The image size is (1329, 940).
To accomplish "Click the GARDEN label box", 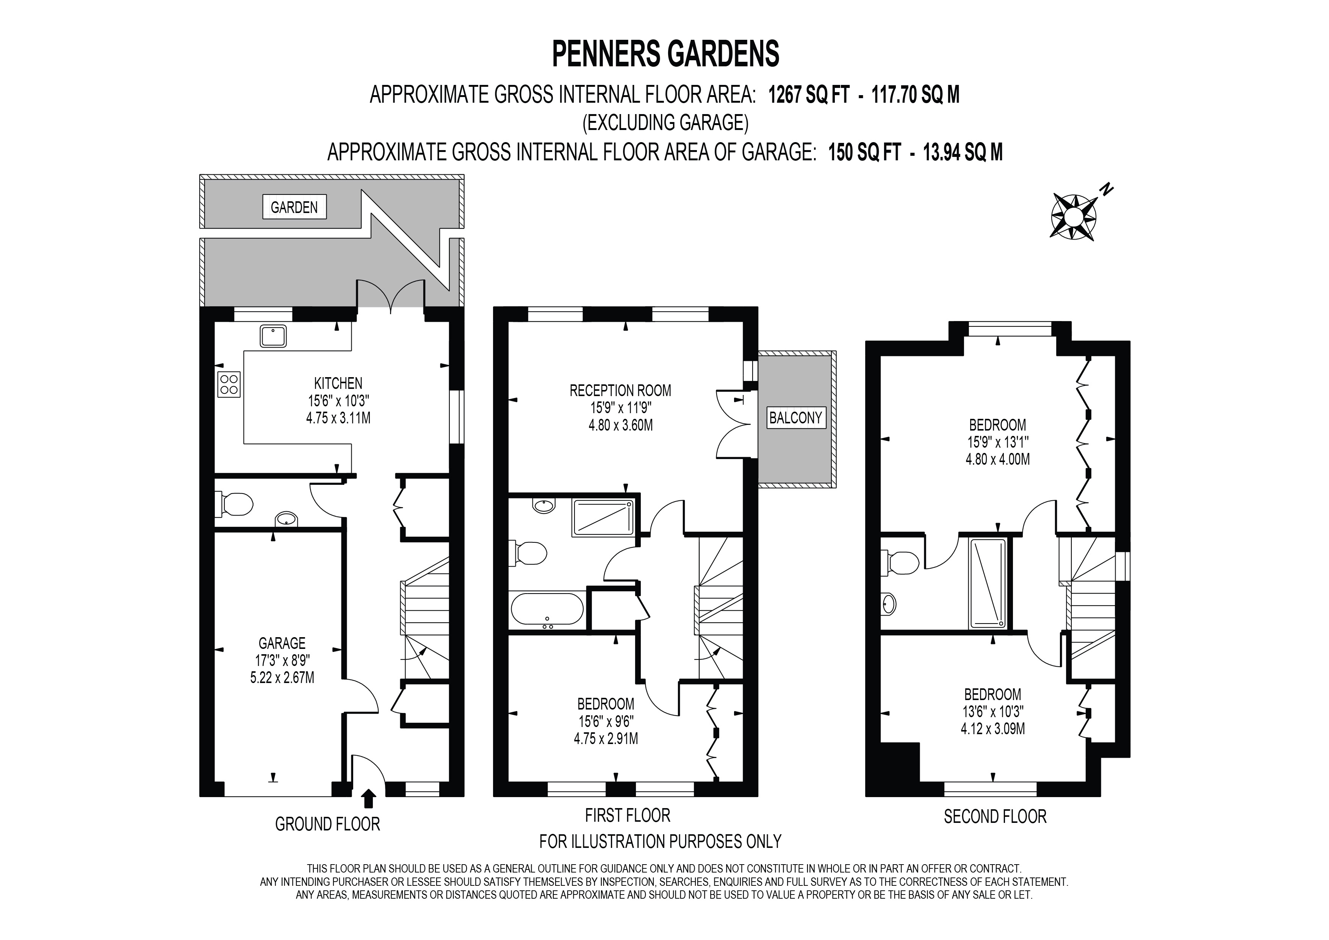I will click(x=294, y=207).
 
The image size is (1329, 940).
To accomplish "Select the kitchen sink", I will click(x=272, y=336).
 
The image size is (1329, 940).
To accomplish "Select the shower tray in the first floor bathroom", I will click(x=603, y=517).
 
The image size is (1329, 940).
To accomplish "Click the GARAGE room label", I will click(x=282, y=643).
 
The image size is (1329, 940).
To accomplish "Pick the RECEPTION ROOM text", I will click(x=620, y=391).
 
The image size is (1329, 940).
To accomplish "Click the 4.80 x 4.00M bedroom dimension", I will click(x=997, y=460).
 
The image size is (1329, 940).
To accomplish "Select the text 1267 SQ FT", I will click(x=808, y=95).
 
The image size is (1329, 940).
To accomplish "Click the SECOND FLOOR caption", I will click(x=994, y=817).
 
